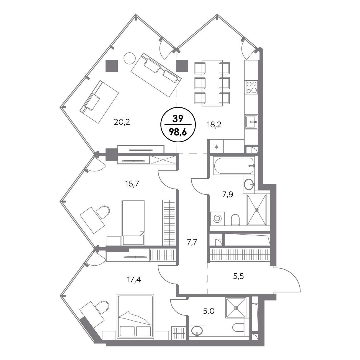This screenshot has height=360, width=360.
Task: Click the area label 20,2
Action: (122, 122)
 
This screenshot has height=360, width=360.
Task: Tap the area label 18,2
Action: (214, 125)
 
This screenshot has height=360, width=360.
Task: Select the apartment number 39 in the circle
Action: (178, 119)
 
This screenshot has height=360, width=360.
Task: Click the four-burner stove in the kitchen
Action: (251, 88)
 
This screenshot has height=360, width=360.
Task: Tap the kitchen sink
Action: (251, 122)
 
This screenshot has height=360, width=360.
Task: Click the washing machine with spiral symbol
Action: (217, 218)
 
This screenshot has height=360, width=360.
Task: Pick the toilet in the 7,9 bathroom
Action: (235, 220)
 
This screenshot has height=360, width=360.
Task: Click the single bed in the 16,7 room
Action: (133, 222)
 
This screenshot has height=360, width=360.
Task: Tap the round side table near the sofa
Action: (130, 58)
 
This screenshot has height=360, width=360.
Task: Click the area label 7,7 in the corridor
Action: (192, 242)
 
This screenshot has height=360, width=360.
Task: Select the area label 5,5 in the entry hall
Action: (238, 276)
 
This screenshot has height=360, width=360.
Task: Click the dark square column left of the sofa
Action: (112, 66)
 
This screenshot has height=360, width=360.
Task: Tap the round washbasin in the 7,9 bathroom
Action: (249, 185)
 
